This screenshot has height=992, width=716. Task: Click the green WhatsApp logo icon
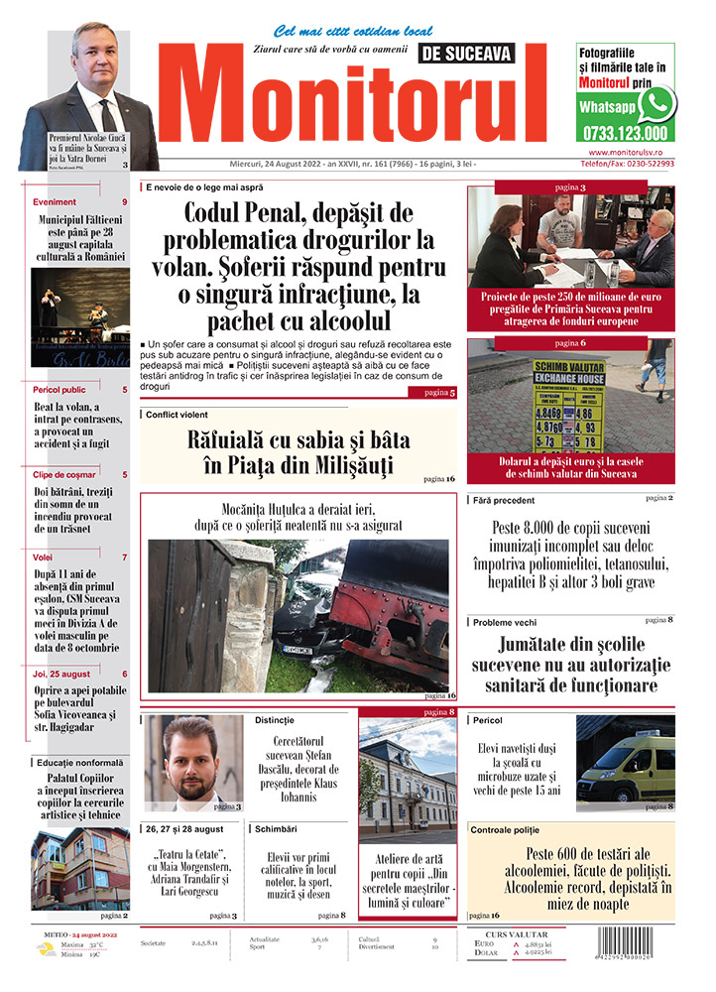656,103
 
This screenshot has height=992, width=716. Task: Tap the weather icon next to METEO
47,949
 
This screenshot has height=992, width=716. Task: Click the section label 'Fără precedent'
504,501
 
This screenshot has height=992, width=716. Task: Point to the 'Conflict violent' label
177,415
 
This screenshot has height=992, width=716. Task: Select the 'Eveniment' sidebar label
56,202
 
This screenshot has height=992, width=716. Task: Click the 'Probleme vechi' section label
506,622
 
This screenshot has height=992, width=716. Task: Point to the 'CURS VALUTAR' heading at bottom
524,933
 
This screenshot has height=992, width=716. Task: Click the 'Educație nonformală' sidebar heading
79,761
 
